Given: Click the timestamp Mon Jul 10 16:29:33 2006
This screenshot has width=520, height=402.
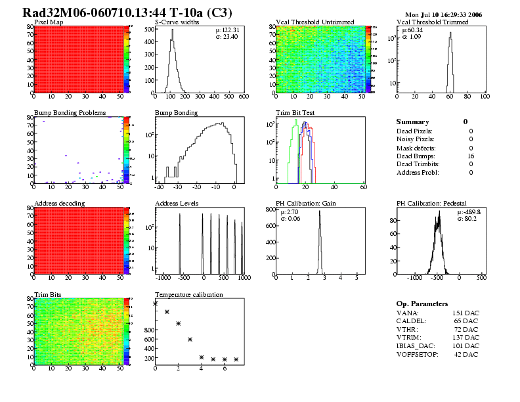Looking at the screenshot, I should (x=444, y=14).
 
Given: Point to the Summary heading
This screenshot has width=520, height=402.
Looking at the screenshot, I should (x=412, y=122).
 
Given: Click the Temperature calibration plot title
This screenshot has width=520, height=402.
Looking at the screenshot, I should (x=188, y=294).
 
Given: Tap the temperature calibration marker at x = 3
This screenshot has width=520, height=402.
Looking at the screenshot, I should (x=190, y=339).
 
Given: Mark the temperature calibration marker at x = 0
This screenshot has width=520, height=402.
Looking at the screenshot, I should (x=156, y=303).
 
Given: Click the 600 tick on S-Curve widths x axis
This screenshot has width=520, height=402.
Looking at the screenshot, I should (x=243, y=97).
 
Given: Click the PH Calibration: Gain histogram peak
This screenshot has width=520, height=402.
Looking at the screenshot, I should (x=320, y=212).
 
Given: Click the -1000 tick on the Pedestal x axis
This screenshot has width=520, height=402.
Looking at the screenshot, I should (x=415, y=278).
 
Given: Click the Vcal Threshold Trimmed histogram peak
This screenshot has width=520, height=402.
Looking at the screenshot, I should (x=450, y=33).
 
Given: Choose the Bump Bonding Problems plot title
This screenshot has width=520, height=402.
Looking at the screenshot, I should (x=70, y=113).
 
